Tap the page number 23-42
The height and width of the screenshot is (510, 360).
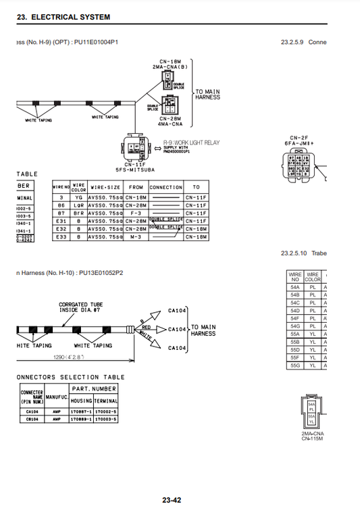171,500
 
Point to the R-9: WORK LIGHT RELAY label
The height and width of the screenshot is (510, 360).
191,143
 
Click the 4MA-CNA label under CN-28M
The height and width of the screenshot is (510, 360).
170,124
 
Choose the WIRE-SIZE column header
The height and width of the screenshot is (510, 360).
105,187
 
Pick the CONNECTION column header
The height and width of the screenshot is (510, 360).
165,187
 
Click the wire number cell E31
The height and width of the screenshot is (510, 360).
61,221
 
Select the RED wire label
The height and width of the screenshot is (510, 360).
147,327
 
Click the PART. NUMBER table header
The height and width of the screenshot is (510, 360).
94,388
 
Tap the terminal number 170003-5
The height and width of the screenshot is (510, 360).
106,419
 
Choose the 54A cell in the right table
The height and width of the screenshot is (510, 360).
295,286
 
